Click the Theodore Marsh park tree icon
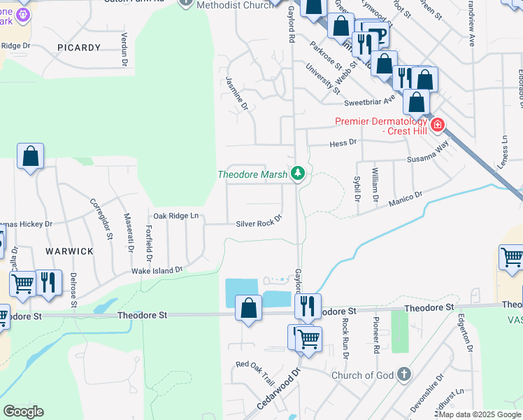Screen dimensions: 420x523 tap(299, 173)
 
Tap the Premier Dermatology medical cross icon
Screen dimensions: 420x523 tap(438, 125)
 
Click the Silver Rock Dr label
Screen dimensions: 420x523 tap(258, 223)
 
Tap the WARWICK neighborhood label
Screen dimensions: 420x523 tap(69, 251)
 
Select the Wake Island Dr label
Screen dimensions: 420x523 tap(157, 269)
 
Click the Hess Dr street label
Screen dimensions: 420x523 tap(343, 142)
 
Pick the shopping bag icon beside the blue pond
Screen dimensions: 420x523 tap(249, 307)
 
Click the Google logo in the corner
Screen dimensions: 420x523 tap(23, 412)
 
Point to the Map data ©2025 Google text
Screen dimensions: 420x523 tap(478, 414)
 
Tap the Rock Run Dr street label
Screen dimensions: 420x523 tap(345, 338)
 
